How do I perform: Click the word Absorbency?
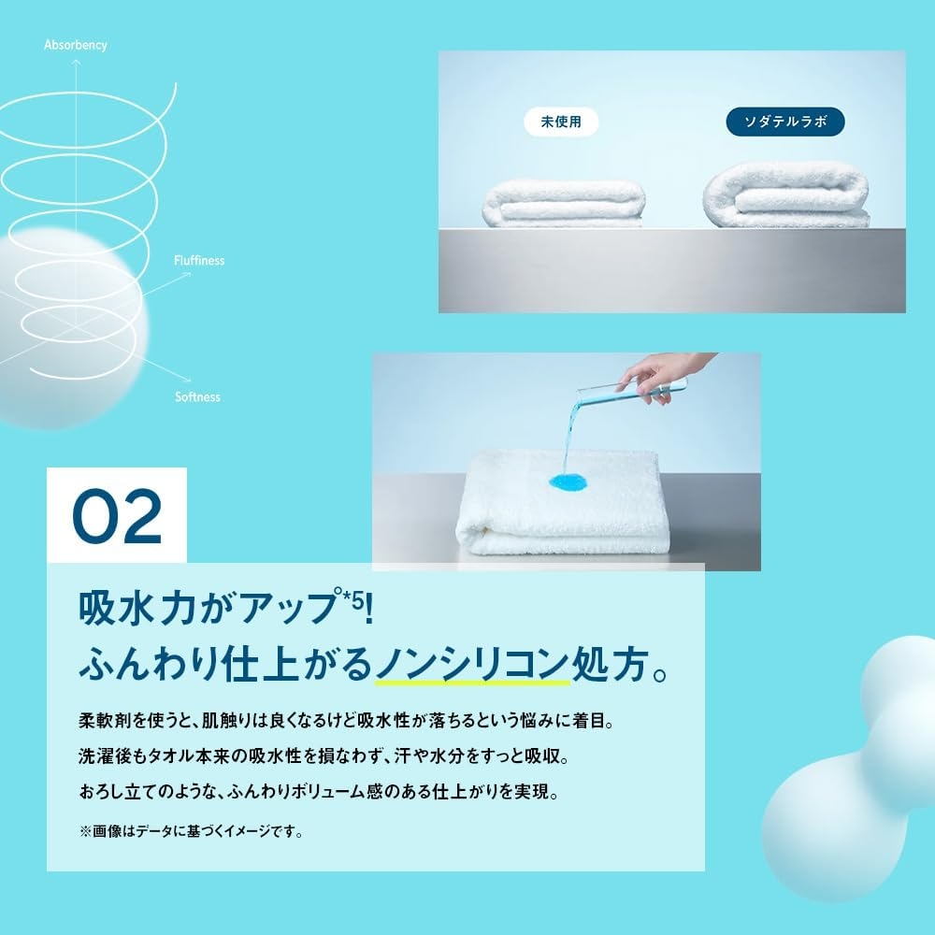(76, 45)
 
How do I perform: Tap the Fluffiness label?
(199, 261)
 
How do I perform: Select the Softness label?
(197, 397)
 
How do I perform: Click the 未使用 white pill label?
(561, 122)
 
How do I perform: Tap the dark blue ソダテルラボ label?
(784, 122)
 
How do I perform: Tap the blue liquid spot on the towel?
(568, 483)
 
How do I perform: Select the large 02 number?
(117, 516)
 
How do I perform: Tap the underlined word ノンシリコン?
(472, 666)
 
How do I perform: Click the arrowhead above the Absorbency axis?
(77, 61)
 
